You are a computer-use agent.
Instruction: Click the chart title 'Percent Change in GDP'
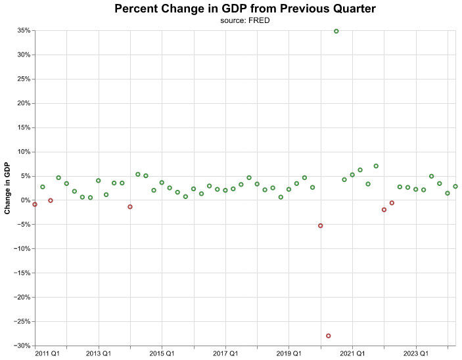click(x=245, y=9)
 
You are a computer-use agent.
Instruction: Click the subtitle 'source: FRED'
click(x=245, y=20)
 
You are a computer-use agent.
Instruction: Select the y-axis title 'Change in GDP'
click(x=7, y=189)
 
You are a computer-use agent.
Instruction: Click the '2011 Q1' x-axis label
click(x=48, y=353)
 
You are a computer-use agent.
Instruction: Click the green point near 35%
click(x=336, y=31)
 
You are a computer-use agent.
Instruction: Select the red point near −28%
click(x=329, y=336)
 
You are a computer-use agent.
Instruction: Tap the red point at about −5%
click(x=321, y=225)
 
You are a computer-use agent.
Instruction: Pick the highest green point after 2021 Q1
click(x=376, y=166)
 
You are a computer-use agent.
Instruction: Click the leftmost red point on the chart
click(x=35, y=204)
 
